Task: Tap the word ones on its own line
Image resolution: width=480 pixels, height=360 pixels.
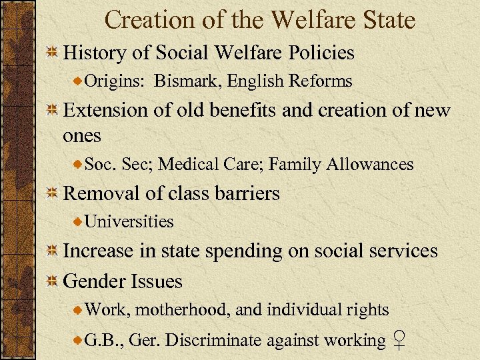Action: [82, 135]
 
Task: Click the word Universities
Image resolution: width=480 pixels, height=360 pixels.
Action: [129, 221]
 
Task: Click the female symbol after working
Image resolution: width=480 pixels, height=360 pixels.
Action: [398, 341]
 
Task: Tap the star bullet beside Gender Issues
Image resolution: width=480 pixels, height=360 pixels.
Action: [52, 281]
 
